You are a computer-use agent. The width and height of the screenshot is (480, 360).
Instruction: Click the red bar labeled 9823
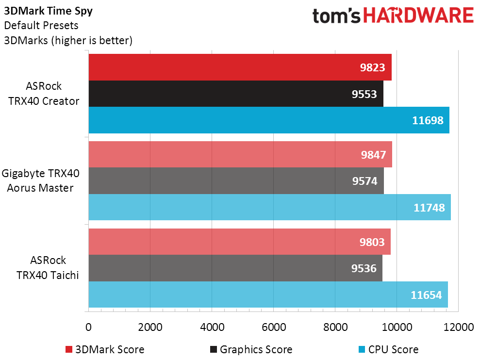pos(240,67)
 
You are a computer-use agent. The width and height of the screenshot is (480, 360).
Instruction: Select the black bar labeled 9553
pos(236,94)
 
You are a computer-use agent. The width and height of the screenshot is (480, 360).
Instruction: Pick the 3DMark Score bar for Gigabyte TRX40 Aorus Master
pos(240,154)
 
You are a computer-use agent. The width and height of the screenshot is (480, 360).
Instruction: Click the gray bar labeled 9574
pos(236,181)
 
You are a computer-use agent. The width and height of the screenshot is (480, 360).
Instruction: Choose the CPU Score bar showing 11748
pos(269,207)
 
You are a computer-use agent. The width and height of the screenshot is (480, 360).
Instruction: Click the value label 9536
pos(364,268)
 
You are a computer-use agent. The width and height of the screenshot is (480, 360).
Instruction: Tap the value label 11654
pos(428,295)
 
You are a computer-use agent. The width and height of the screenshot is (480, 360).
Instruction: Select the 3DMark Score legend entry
pos(105,349)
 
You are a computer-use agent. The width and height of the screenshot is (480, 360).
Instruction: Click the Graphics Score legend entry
pos(251,349)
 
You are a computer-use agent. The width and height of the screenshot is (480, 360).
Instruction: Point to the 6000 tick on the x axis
pos(273,327)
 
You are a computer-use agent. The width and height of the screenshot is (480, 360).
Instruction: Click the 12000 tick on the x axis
pos(458,327)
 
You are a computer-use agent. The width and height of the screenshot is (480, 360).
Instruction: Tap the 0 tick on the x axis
pos(88,327)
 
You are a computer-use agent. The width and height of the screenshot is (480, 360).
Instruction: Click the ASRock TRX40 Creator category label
pos(44,94)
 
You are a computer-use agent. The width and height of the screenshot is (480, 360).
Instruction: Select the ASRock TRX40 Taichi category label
pos(44,268)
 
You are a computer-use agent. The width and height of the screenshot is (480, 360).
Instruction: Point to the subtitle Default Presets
pos(41,25)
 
